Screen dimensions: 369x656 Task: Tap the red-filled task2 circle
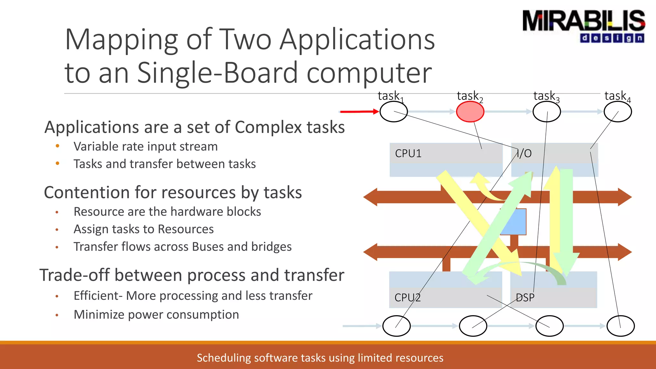[x=470, y=111]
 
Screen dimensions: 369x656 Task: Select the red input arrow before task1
[x=359, y=111]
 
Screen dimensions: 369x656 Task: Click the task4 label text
[x=617, y=96]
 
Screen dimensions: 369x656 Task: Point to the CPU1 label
[x=408, y=153]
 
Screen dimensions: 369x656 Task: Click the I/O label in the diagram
[x=524, y=153]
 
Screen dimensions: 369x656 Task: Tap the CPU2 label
[x=407, y=298]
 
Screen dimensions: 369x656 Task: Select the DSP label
[x=525, y=298]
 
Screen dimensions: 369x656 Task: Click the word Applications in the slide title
[x=357, y=40]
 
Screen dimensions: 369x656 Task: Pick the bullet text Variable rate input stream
[x=146, y=146]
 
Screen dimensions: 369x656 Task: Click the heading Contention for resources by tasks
[x=173, y=193]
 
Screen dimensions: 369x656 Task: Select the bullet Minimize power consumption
[x=156, y=315]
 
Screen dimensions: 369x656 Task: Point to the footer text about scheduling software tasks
[x=320, y=358]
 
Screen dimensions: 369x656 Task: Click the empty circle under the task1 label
[x=393, y=111]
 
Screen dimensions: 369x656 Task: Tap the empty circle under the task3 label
[x=546, y=111]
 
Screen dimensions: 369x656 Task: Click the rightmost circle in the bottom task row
[x=620, y=326]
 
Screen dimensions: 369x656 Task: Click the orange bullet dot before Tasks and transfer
[x=57, y=163]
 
